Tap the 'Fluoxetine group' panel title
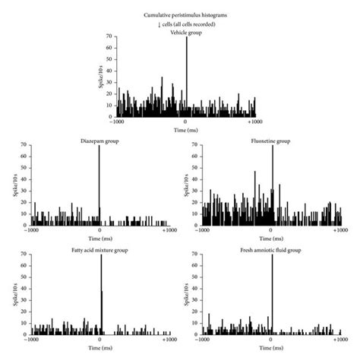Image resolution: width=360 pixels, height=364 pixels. [x=270, y=141]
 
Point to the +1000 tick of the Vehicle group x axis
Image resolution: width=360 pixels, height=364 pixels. [x=254, y=121]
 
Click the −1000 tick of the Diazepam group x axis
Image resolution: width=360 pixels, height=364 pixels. [x=31, y=230]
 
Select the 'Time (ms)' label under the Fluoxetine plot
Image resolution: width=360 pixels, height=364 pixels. [x=271, y=238]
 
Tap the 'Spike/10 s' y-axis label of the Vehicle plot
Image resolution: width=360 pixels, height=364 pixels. [x=99, y=77]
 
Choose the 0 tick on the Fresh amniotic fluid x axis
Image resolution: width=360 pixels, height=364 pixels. [x=271, y=340]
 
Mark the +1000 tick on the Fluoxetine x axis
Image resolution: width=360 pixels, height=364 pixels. [x=339, y=230]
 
